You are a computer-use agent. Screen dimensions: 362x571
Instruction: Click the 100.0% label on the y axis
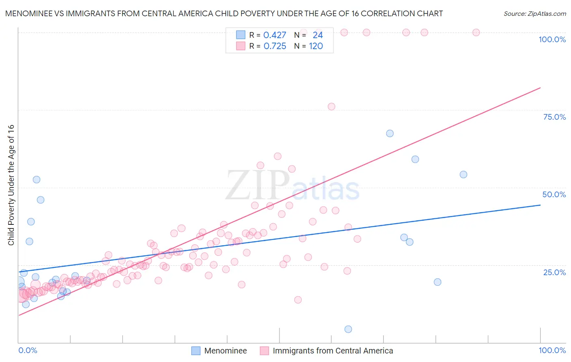click(552, 39)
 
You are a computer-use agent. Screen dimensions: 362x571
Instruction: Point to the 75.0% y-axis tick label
click(554, 117)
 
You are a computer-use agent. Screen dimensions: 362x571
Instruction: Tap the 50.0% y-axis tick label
click(554, 194)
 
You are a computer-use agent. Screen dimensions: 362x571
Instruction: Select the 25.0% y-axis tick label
click(554, 272)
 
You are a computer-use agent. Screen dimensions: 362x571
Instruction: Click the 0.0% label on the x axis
click(28, 350)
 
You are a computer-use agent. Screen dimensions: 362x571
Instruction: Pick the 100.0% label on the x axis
click(552, 350)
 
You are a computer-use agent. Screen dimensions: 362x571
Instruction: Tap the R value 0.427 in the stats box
click(275, 35)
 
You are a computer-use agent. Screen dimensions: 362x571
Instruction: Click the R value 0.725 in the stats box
click(275, 46)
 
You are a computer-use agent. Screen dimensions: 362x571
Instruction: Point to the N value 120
click(316, 46)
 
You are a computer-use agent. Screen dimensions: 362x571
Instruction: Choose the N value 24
click(318, 35)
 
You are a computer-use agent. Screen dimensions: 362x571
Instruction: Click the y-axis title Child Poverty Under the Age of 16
click(11, 185)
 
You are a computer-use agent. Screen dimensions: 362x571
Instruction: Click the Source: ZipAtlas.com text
click(534, 14)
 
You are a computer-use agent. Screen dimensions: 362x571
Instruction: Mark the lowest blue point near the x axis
click(348, 329)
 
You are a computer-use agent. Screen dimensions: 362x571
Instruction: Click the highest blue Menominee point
click(389, 134)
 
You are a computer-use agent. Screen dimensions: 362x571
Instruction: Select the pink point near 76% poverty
click(331, 107)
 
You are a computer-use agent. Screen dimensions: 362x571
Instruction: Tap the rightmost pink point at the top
click(476, 32)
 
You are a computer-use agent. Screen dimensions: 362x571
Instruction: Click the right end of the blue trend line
click(540, 205)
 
